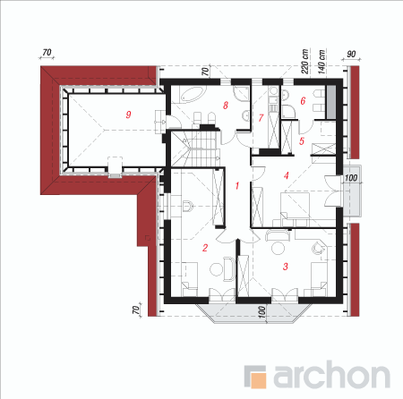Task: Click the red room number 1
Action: click(237, 186)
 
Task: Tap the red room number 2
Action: click(205, 248)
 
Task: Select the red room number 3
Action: click(286, 267)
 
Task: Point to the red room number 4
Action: click(287, 175)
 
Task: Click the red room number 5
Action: click(302, 141)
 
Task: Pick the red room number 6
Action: click(303, 101)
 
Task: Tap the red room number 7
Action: click(261, 118)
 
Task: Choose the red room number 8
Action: click(226, 105)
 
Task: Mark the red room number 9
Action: click(128, 115)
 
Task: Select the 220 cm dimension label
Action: click(304, 62)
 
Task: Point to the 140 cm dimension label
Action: click(322, 62)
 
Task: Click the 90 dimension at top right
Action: click(351, 55)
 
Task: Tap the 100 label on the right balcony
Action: click(351, 178)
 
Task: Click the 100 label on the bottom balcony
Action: click(262, 312)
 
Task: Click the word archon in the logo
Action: click(332, 375)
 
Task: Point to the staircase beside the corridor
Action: click(197, 149)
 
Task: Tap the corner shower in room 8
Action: click(241, 93)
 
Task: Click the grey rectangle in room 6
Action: click(330, 102)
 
